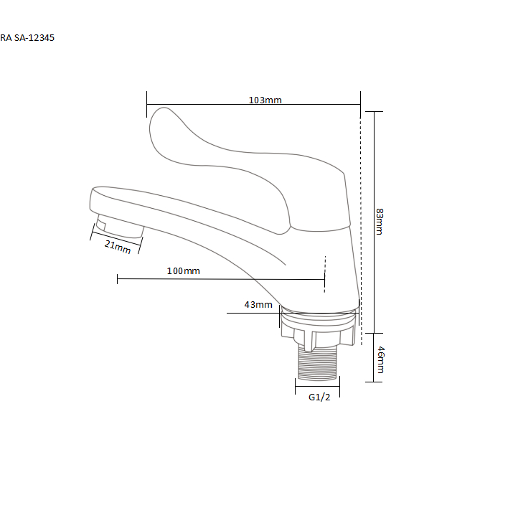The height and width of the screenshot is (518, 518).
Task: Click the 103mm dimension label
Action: (x=265, y=100)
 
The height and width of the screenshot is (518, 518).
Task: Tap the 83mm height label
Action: (x=380, y=222)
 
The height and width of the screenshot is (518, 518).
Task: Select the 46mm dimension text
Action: (x=381, y=359)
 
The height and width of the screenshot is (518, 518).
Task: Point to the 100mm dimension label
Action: (x=184, y=271)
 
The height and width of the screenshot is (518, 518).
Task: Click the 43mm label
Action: (x=258, y=305)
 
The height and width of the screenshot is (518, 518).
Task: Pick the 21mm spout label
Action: (x=118, y=247)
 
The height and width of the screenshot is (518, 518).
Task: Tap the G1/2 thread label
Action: (x=319, y=397)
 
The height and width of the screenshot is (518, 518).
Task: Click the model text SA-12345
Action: (x=34, y=38)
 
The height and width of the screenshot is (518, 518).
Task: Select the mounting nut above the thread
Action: (x=318, y=330)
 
